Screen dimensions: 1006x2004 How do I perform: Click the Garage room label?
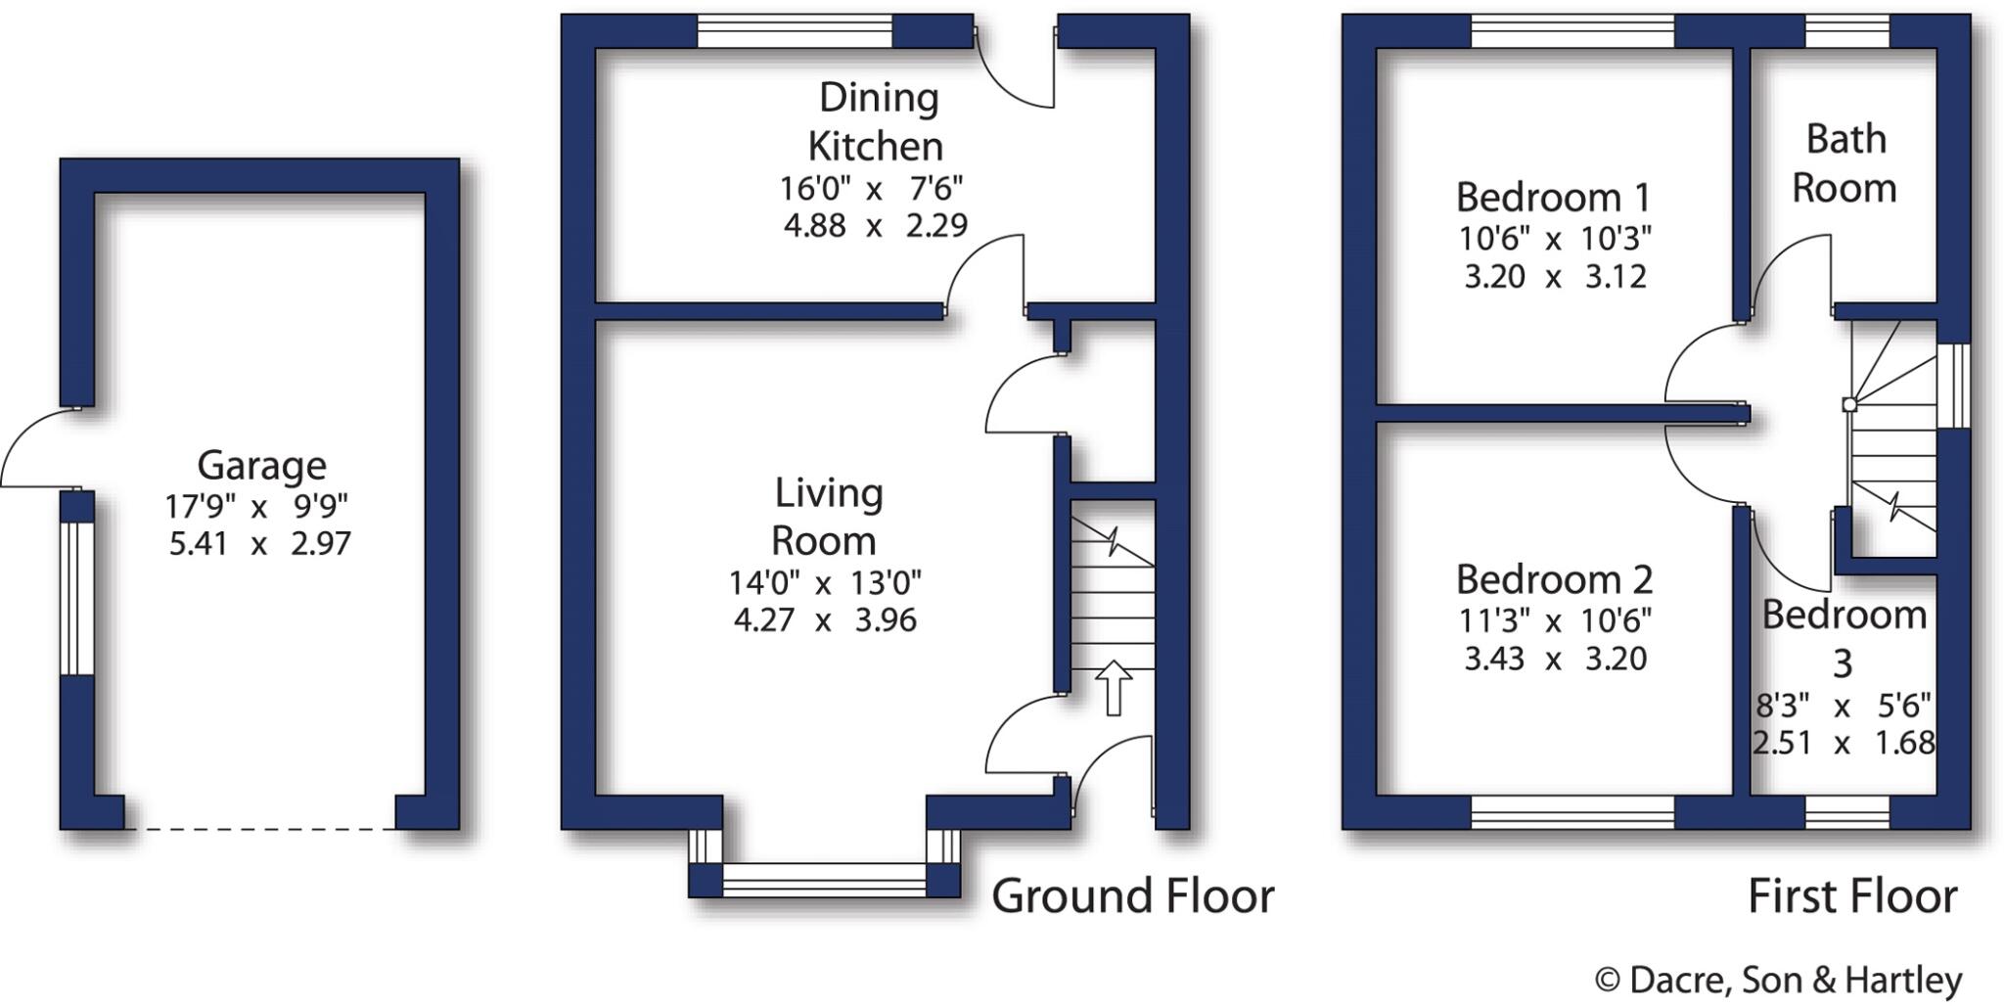261,465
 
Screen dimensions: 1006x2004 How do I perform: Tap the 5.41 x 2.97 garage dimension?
259,543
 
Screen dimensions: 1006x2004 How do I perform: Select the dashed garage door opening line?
259,829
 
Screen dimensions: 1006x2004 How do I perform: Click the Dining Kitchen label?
877,121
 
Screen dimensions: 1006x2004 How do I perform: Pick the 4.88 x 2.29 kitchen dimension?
875,226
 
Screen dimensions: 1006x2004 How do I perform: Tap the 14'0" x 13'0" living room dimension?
825,583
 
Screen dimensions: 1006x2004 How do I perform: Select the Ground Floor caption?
1132,896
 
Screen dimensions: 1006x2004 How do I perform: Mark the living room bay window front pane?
824,880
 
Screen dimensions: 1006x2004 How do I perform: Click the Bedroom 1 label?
1553,198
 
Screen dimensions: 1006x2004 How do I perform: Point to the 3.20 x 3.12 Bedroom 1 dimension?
1554,277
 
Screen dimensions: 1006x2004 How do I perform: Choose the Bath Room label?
1845,163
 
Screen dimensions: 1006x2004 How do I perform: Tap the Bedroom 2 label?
1554,579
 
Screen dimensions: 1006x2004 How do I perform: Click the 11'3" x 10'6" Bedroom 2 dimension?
1554,620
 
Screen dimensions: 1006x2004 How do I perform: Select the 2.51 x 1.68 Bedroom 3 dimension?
1844,744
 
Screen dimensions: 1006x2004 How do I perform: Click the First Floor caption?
1852,896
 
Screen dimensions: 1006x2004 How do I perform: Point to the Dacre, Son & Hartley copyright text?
1778,980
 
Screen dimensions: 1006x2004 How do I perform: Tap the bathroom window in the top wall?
1846,31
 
